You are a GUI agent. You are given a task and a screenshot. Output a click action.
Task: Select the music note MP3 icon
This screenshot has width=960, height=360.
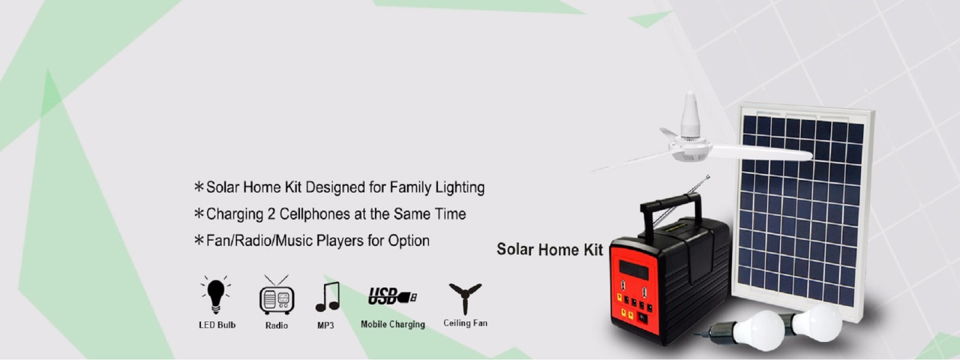click(328, 296)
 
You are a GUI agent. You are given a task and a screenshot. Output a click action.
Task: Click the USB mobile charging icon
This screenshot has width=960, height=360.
click(392, 296)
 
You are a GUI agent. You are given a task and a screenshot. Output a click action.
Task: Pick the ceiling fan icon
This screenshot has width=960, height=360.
click(465, 298)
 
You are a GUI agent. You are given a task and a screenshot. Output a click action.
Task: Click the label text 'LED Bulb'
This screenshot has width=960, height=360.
click(217, 325)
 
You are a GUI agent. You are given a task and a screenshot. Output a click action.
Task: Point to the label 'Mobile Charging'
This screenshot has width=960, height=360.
click(393, 325)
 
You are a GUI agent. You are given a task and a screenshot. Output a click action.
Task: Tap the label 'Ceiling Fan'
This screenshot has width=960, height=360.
click(466, 323)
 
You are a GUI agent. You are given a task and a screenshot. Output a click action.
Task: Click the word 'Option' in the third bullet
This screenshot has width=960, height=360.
click(409, 241)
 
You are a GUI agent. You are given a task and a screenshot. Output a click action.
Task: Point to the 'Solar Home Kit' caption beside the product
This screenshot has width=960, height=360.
click(550, 250)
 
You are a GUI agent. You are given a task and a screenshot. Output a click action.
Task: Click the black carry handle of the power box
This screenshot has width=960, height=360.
click(671, 206)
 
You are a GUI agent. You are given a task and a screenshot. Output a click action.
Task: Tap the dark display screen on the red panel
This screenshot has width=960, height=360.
click(634, 270)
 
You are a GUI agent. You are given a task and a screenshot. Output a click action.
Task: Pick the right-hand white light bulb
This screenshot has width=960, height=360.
click(817, 323)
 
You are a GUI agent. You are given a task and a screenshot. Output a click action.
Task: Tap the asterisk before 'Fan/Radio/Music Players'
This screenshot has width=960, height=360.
click(199, 240)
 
